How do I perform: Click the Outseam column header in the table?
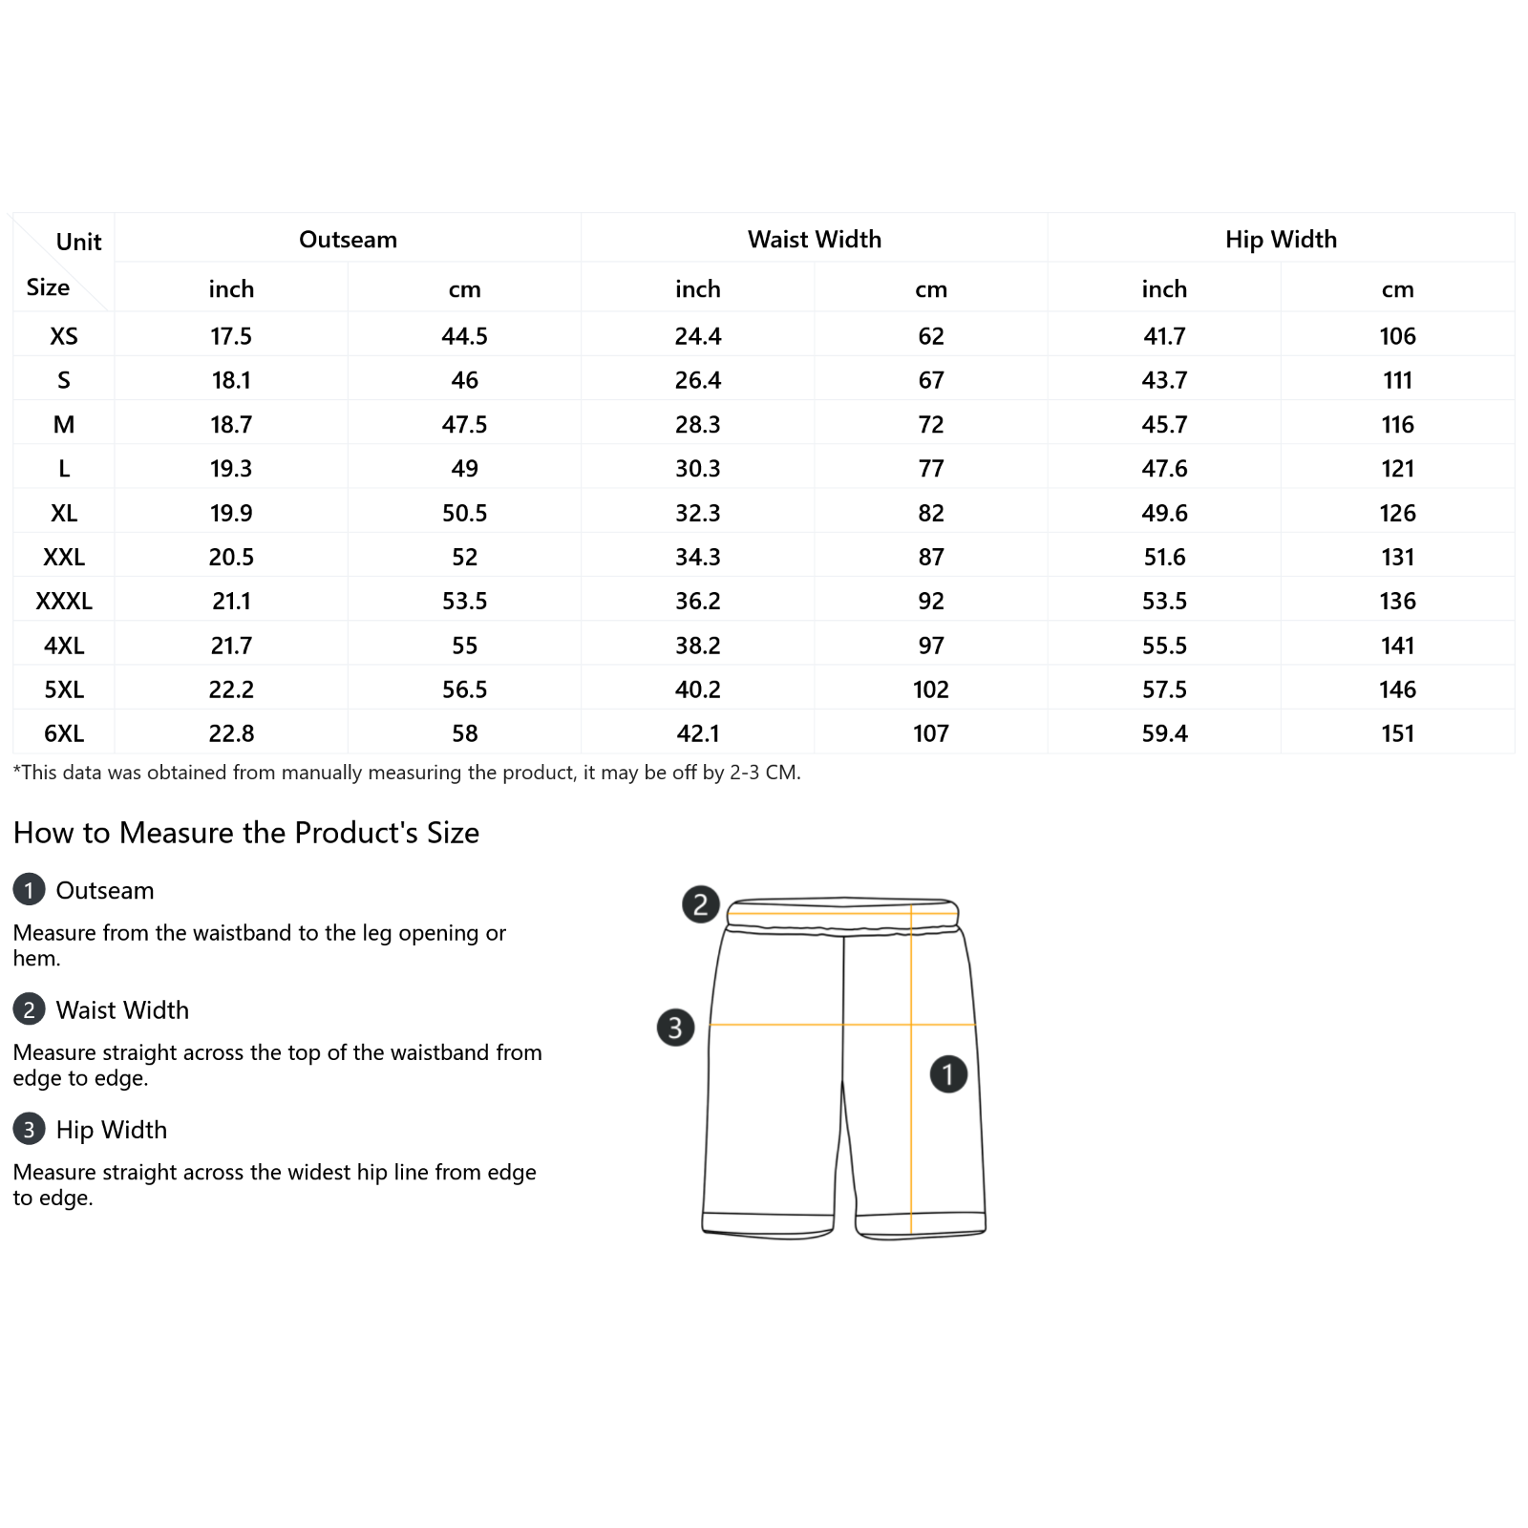(348, 240)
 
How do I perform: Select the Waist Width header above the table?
(814, 240)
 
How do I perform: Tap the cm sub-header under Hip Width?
(1397, 289)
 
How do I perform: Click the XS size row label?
(64, 336)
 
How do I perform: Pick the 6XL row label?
(64, 733)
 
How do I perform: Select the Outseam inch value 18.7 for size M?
(231, 425)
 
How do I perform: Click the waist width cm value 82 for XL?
(931, 513)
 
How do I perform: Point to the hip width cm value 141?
(1397, 646)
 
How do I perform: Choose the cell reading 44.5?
(464, 336)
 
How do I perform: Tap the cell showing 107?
(931, 733)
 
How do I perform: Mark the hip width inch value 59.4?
(1164, 733)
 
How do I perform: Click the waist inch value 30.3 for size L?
(698, 469)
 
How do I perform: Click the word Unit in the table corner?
(78, 243)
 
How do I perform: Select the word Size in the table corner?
(48, 287)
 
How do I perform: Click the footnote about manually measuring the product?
(407, 773)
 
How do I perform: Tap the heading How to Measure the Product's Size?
(246, 833)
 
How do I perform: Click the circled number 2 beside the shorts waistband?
(700, 903)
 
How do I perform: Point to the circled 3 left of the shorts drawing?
(675, 1028)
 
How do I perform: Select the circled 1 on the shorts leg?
(948, 1074)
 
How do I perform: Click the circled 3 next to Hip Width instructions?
(29, 1130)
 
